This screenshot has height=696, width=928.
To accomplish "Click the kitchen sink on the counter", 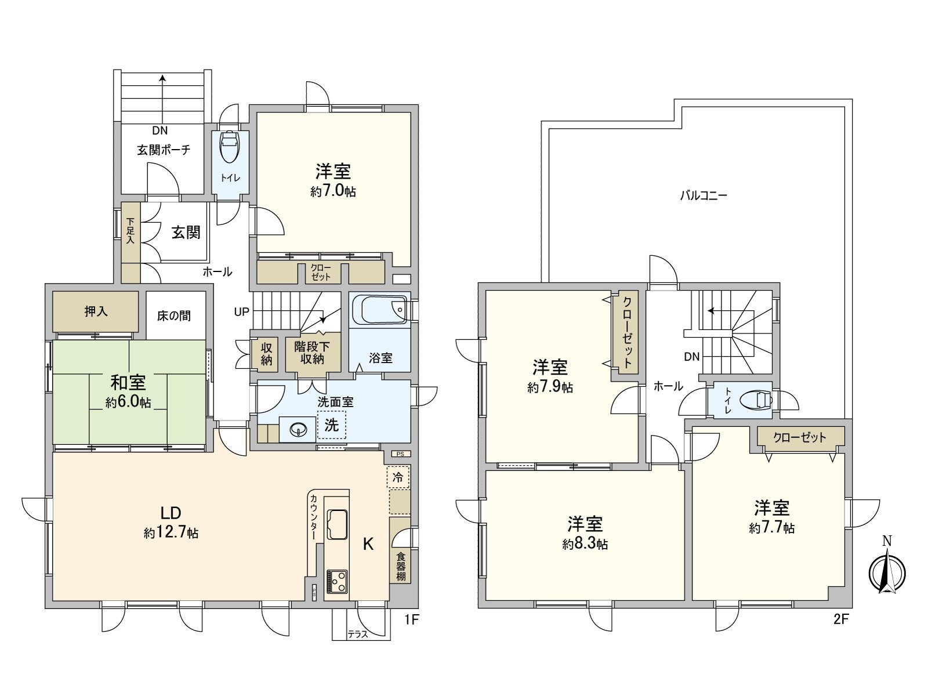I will point(337,524).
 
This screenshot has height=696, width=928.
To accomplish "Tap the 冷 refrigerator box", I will point(398,477).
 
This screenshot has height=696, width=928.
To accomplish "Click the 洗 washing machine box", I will point(331,425).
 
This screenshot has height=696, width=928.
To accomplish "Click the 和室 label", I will point(128,383).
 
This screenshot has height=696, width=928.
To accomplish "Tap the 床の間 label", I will point(174,316).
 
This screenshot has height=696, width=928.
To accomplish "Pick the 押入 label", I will point(96,311).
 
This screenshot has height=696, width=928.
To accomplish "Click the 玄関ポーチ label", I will point(163,150).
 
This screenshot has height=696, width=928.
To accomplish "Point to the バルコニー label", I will point(703,195).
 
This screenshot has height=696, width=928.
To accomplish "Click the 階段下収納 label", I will point(312,353).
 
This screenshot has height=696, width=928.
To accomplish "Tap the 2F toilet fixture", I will point(759,400).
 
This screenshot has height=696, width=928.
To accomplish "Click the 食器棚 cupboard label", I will point(401,566).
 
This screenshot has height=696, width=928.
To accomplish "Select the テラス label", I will point(358,634).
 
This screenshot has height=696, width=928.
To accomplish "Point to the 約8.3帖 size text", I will point(585,544).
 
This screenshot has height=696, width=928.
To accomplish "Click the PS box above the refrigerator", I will point(401,454).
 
